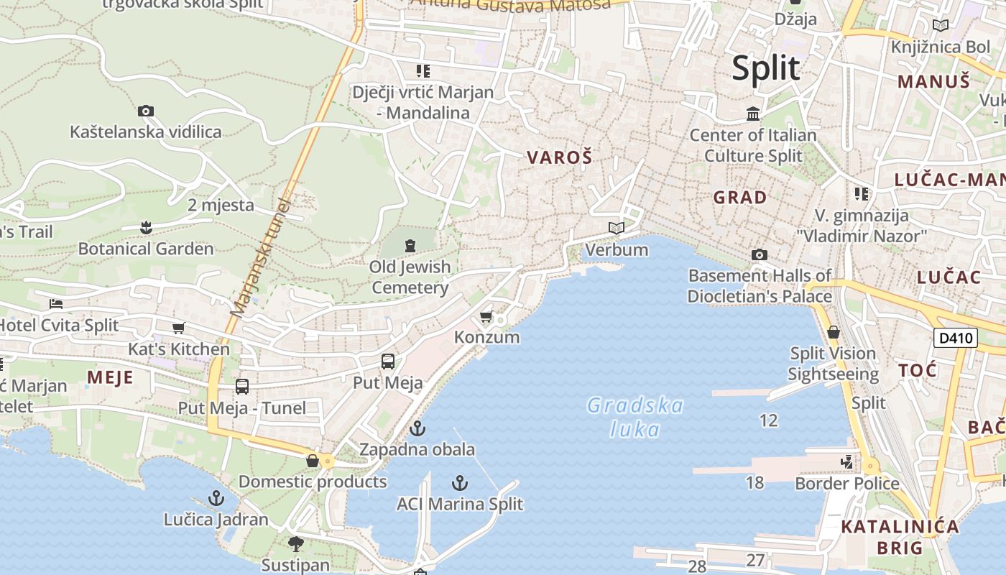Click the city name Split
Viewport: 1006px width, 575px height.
click(x=765, y=68)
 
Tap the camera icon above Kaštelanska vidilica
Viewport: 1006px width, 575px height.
click(x=146, y=111)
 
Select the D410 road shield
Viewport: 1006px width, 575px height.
click(x=956, y=337)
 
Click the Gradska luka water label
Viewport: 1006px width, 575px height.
click(x=635, y=418)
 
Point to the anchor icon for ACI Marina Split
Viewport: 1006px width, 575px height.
click(x=460, y=482)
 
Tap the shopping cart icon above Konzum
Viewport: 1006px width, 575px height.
click(x=486, y=316)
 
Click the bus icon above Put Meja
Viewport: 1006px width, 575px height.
click(x=388, y=362)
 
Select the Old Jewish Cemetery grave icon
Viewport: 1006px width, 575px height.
click(x=410, y=246)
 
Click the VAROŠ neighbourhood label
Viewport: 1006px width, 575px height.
click(x=560, y=157)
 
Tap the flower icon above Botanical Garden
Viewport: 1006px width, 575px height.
click(x=146, y=228)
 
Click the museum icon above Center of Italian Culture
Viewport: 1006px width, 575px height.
click(x=753, y=114)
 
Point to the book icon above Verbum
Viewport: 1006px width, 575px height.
click(x=617, y=229)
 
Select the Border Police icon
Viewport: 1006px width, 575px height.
click(x=848, y=461)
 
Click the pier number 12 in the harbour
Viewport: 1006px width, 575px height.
click(x=768, y=420)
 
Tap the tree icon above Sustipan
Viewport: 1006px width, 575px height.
click(x=295, y=543)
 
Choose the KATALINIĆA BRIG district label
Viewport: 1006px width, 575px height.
click(x=900, y=537)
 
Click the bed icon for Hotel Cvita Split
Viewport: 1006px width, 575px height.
click(x=56, y=303)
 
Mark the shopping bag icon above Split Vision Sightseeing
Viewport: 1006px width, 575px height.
click(x=834, y=332)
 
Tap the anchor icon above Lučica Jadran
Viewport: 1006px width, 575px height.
click(x=216, y=497)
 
